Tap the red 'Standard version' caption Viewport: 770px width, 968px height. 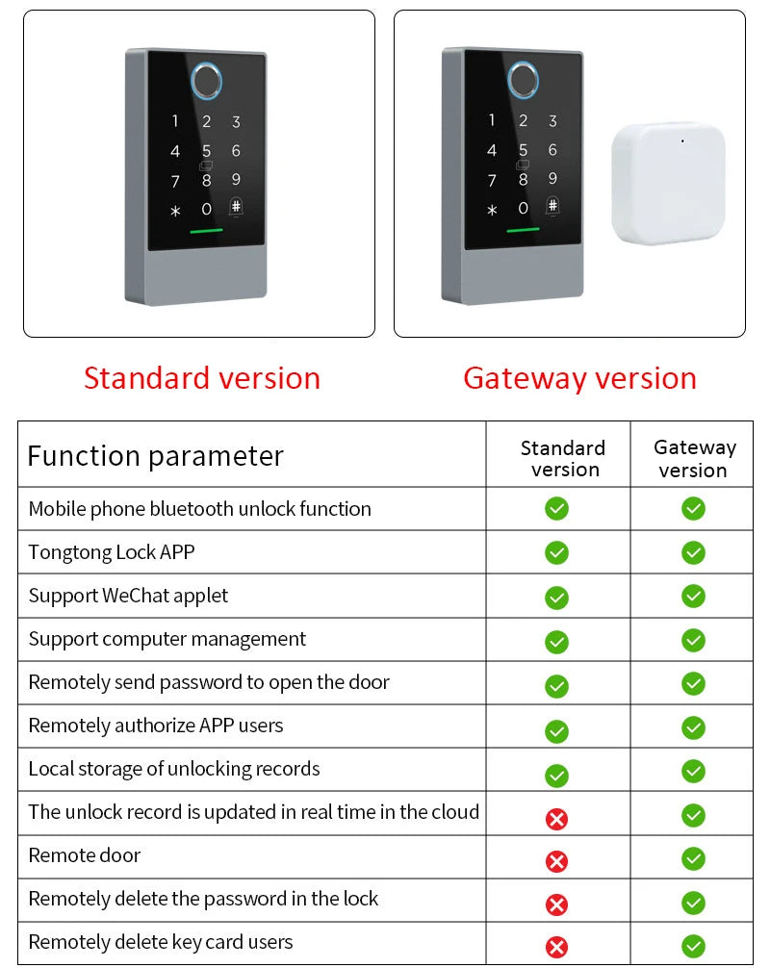point(202,378)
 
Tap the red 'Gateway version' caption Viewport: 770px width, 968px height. point(579,378)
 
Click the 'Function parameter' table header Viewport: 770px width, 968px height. point(156,455)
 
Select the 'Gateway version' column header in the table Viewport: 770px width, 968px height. point(694,459)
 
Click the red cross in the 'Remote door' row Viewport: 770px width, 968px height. point(556,861)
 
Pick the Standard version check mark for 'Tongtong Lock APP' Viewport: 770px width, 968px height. point(556,552)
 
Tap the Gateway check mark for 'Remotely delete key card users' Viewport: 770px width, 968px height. point(693,946)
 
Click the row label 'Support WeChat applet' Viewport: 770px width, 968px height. point(128,596)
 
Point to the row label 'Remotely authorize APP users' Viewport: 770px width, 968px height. point(156,726)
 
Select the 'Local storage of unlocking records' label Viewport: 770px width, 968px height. point(174,769)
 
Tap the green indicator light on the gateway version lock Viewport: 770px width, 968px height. point(523,231)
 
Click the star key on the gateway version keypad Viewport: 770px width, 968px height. point(492,210)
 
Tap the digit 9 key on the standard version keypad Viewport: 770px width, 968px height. point(236,180)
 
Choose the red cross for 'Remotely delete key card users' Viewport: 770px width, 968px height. point(556,947)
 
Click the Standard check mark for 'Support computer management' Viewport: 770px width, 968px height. point(556,641)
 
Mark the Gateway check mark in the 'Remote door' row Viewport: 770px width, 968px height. point(693,858)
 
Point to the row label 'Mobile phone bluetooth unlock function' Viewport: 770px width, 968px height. point(199,509)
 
